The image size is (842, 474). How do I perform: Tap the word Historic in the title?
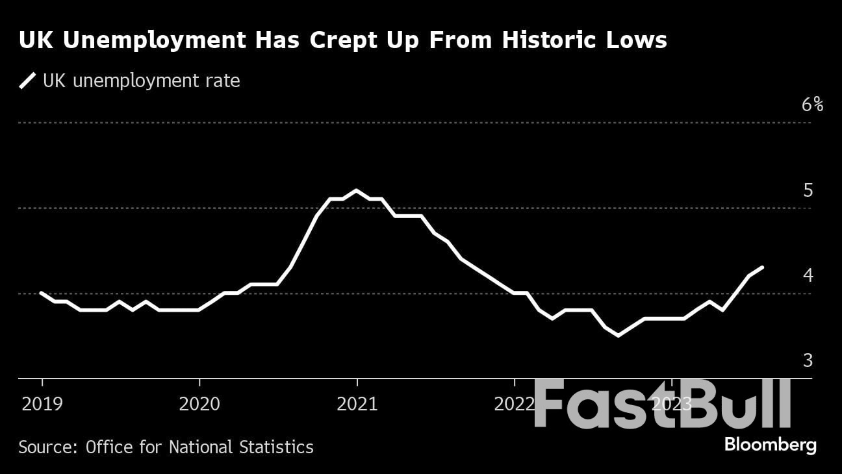[x=543, y=40]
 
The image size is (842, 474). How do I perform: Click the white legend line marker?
[x=28, y=81]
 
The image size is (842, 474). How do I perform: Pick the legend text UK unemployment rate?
[x=141, y=81]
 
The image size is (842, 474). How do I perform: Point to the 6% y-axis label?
[x=812, y=105]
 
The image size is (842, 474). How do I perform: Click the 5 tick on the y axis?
[x=808, y=190]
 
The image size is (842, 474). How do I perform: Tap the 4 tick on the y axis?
[x=808, y=275]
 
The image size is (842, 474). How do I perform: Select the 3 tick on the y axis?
[x=808, y=360]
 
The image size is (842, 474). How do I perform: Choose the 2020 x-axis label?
[x=199, y=405]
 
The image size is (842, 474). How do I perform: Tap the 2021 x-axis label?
[x=357, y=405]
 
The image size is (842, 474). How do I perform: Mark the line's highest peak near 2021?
[x=356, y=190]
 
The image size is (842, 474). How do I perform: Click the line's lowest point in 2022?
[x=618, y=336]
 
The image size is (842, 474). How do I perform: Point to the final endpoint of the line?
[x=762, y=267]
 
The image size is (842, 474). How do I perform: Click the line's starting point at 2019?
[x=42, y=293]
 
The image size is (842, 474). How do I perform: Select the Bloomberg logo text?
[x=770, y=445]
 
